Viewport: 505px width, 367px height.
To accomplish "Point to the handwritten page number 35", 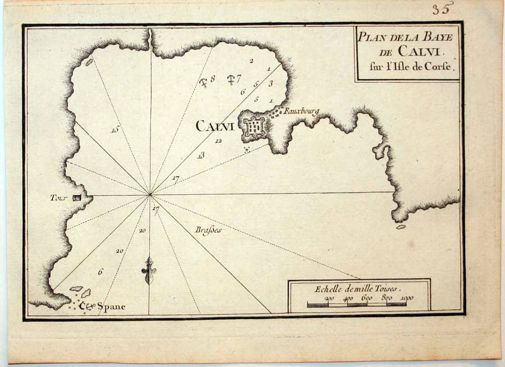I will tap(442, 8).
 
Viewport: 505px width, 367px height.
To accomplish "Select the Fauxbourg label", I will tap(301, 112).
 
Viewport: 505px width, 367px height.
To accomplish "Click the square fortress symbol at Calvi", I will tap(254, 129).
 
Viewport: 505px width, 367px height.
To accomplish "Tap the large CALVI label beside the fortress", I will tap(215, 126).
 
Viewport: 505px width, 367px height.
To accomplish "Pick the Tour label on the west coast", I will tap(58, 198).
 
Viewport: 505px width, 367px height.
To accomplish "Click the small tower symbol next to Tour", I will tap(77, 197).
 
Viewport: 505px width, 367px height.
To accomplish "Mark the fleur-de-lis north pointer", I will tap(149, 270).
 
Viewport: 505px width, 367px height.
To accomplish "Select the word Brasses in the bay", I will tap(209, 230).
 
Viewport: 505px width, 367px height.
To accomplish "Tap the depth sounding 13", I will tap(200, 155).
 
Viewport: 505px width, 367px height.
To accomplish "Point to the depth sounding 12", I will tap(218, 141).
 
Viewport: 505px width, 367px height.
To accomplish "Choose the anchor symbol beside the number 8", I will tap(204, 82).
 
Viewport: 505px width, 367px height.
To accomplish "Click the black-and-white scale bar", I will tap(357, 305).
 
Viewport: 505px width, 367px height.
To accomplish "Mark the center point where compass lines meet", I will tap(150, 195).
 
